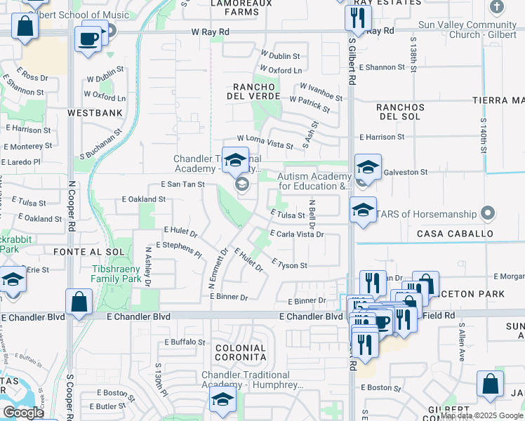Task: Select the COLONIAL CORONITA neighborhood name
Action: [240, 353]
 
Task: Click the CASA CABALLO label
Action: [452, 233]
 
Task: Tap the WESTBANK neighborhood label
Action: [95, 112]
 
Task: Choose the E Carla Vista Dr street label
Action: [296, 234]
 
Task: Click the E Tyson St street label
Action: [289, 265]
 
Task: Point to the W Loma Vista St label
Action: [265, 143]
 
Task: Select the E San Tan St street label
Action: [182, 184]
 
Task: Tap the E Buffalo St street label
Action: [184, 342]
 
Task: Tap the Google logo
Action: [23, 413]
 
